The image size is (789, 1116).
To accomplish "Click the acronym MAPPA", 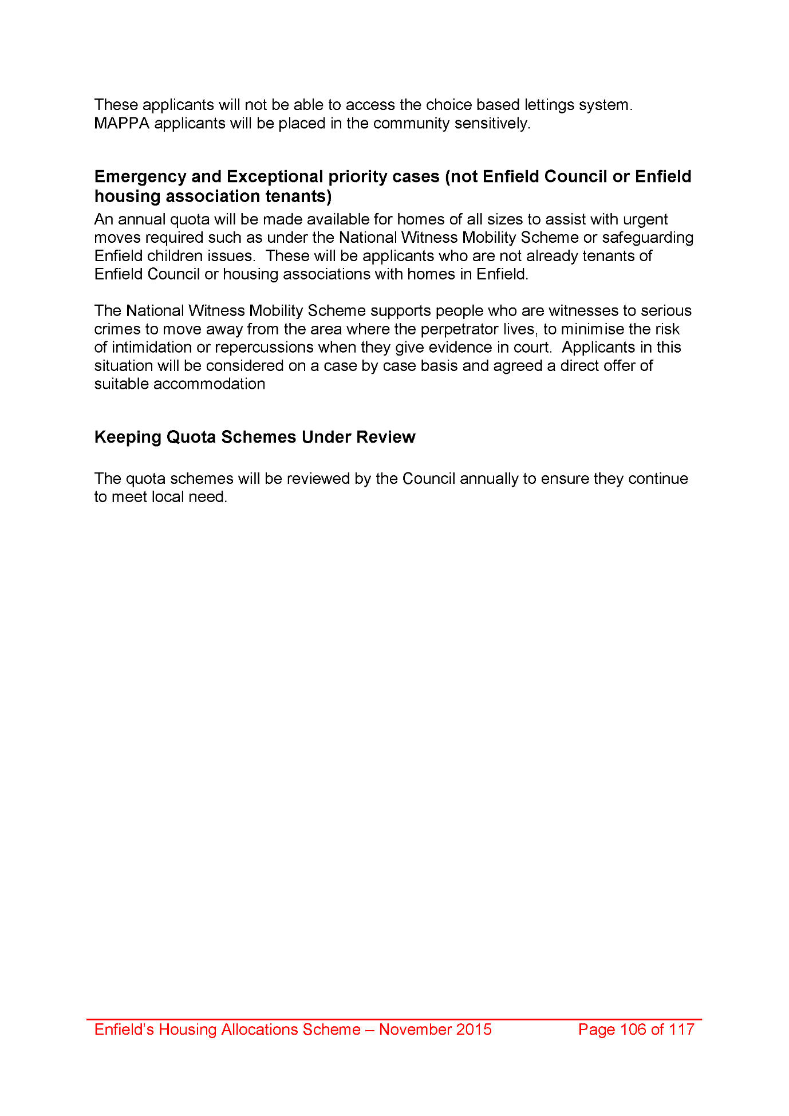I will (121, 124).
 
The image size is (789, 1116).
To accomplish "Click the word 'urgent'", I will (645, 220).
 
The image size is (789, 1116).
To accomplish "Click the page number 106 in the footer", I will (633, 1030).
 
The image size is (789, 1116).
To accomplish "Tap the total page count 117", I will (681, 1030).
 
